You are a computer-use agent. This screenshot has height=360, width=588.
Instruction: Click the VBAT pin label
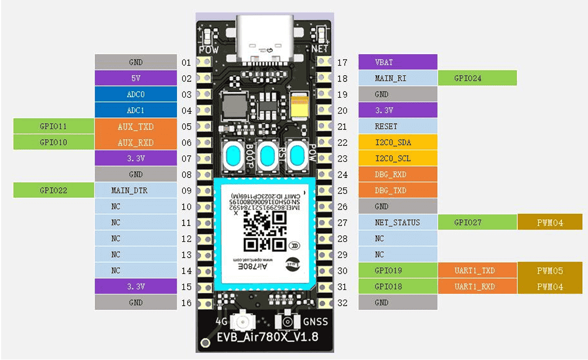tap(397, 62)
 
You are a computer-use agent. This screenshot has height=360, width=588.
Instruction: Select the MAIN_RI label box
tap(397, 78)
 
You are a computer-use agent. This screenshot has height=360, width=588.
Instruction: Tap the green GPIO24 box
tap(477, 78)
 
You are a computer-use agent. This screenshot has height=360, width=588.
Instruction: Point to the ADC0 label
tap(135, 94)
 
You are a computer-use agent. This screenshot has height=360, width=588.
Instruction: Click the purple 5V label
tap(135, 79)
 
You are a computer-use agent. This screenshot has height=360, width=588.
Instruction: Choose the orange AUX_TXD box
tap(135, 127)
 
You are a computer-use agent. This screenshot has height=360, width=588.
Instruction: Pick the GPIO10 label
tap(53, 142)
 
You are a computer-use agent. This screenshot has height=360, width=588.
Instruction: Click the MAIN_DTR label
tap(135, 190)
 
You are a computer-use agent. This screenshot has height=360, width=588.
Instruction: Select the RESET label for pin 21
tap(397, 127)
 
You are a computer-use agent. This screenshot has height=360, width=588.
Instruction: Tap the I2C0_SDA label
tap(397, 142)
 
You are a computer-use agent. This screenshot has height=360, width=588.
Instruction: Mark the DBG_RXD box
tap(397, 175)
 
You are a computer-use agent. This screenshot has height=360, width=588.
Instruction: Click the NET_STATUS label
tap(397, 223)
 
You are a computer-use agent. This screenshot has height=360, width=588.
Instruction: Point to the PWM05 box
tap(550, 271)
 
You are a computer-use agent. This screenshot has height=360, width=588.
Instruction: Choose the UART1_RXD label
tap(477, 287)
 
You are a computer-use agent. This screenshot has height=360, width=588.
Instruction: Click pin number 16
tap(187, 303)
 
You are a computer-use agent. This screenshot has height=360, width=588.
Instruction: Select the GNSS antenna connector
tap(287, 322)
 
